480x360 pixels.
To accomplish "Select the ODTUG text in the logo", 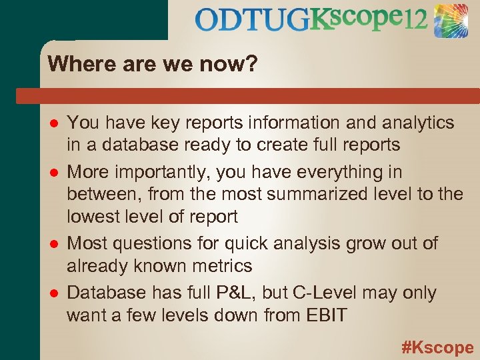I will pyautogui.click(x=253, y=21).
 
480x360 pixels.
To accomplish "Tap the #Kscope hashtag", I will pyautogui.click(x=437, y=347).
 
